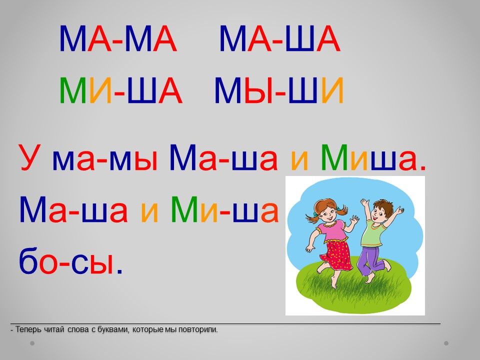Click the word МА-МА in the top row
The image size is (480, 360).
click(118, 39)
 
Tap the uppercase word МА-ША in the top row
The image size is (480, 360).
click(280, 39)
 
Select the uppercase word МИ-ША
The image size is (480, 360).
click(121, 90)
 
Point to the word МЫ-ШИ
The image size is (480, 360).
click(279, 90)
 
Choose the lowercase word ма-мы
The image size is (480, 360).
click(105, 160)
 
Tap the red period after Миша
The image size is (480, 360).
click(423, 168)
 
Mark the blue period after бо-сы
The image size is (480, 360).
click(119, 270)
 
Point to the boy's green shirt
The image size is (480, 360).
click(372, 232)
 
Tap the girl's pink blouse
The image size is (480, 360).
click(332, 231)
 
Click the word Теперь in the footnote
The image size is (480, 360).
click(29, 329)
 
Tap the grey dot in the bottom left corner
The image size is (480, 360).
click(32, 343)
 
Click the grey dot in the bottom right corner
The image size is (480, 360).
click(446, 343)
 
